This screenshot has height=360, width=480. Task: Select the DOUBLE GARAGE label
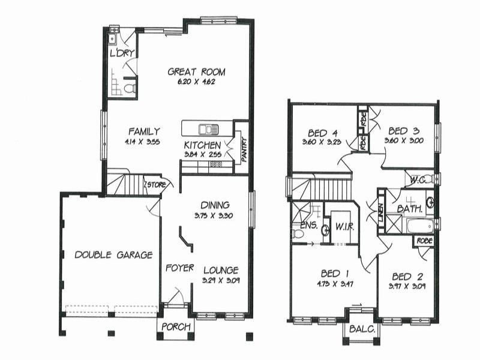[113, 254]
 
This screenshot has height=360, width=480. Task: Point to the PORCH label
[176, 327]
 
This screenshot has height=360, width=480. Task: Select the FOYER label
[179, 268]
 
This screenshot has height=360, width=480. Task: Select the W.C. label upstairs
[418, 179]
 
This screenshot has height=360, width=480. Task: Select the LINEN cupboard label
[381, 214]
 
